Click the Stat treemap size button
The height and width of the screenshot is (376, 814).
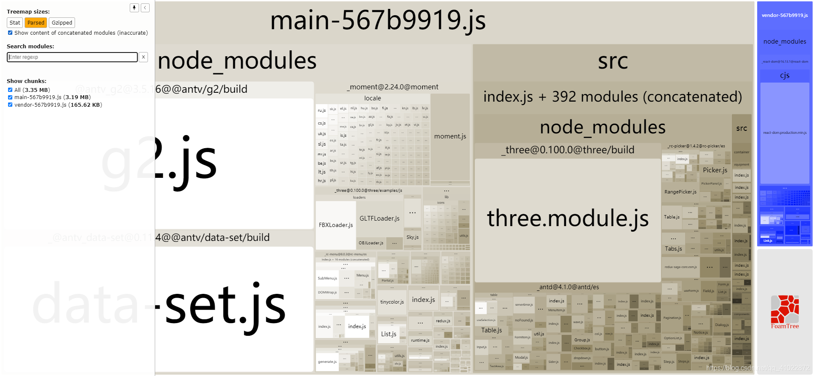coord(15,23)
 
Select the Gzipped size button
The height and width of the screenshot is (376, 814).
coord(62,23)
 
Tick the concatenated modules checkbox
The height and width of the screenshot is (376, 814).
coord(10,33)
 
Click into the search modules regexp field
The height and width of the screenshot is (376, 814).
coord(72,57)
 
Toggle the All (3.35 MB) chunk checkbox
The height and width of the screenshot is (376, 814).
coord(10,90)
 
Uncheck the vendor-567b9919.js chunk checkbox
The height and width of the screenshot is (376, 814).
coord(10,105)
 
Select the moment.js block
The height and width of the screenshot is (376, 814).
coord(450,136)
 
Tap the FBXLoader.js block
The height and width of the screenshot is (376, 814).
coord(336,225)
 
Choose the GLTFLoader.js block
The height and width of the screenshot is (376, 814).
coord(379,218)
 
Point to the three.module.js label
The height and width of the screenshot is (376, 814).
coord(568,218)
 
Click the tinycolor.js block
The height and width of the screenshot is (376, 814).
coord(392,302)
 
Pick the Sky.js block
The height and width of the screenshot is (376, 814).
coord(413,237)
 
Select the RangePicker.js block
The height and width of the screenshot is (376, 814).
coord(680,192)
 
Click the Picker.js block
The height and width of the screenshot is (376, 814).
coord(715,170)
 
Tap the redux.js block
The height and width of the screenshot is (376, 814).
coord(443,321)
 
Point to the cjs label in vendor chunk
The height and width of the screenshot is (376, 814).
coord(785,75)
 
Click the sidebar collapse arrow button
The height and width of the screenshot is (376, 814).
coord(145,8)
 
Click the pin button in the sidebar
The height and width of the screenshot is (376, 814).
coord(134,8)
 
